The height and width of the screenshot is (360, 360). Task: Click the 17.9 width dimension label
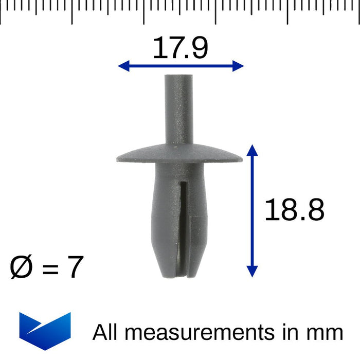tap(180, 49)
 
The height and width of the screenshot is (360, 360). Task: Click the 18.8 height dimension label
tap(294, 210)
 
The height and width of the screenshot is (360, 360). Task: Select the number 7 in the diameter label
tap(75, 267)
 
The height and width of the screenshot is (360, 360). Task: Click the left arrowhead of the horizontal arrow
tap(123, 65)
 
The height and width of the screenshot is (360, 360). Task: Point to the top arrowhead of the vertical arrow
tap(251, 150)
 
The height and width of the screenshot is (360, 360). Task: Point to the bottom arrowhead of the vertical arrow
tap(251, 271)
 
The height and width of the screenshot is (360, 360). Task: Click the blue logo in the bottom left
tap(45, 331)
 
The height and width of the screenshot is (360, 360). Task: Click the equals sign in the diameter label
tap(50, 269)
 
